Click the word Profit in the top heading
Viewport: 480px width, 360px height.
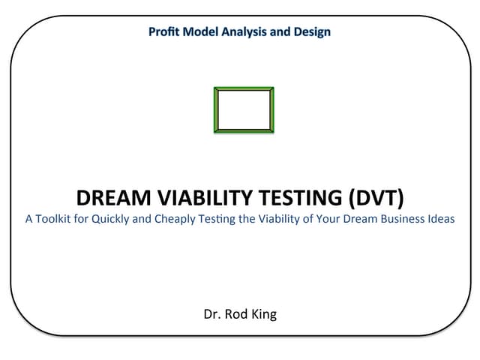point(163,32)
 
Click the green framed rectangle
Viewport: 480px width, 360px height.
point(244,109)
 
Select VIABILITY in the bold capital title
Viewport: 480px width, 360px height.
point(205,198)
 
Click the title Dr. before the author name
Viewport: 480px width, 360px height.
point(213,314)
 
